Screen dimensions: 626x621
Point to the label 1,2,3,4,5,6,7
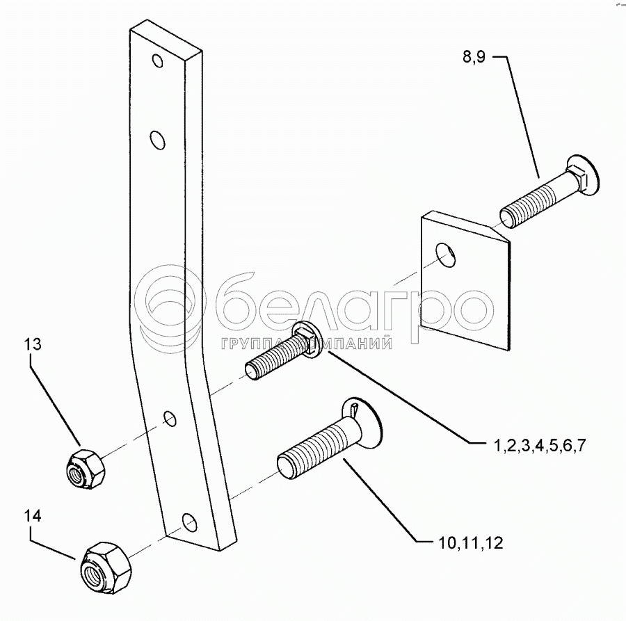point(536,446)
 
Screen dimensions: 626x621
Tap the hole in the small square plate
point(447,255)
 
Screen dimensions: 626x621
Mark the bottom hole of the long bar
point(186,519)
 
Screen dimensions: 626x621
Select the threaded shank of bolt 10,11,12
point(312,453)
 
